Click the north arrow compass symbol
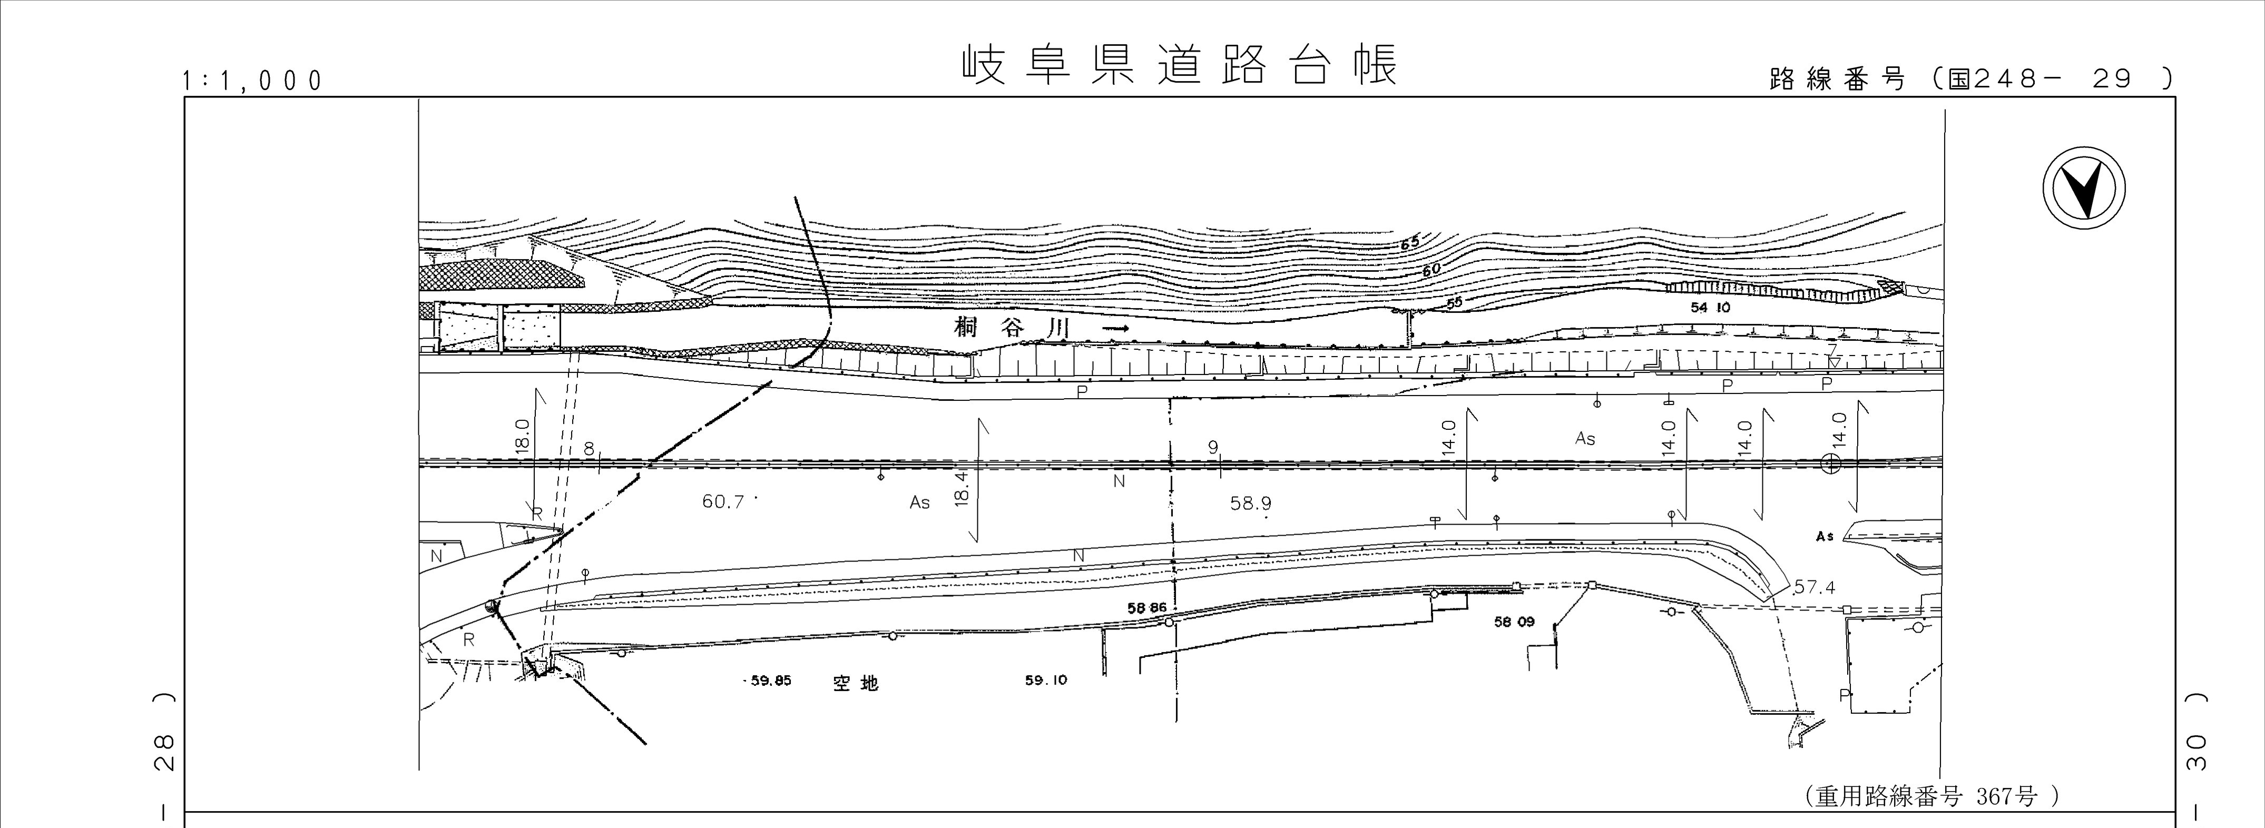pyautogui.click(x=2084, y=189)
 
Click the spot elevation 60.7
pyautogui.click(x=723, y=502)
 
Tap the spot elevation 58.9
pyautogui.click(x=1250, y=504)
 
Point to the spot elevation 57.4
pyautogui.click(x=1815, y=587)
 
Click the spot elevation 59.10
pyautogui.click(x=1046, y=679)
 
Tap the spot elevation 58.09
pyautogui.click(x=1514, y=622)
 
